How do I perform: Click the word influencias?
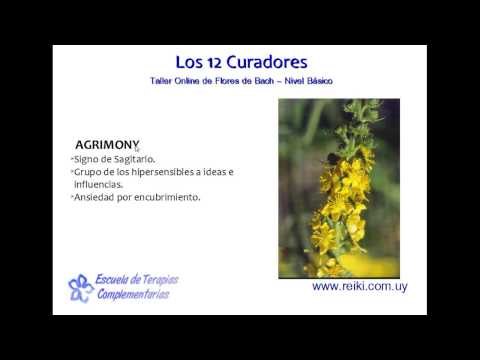tap(98, 184)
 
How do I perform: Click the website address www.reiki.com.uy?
tap(359, 286)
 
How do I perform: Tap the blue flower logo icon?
tap(81, 288)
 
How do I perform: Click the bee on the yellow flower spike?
tap(331, 160)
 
